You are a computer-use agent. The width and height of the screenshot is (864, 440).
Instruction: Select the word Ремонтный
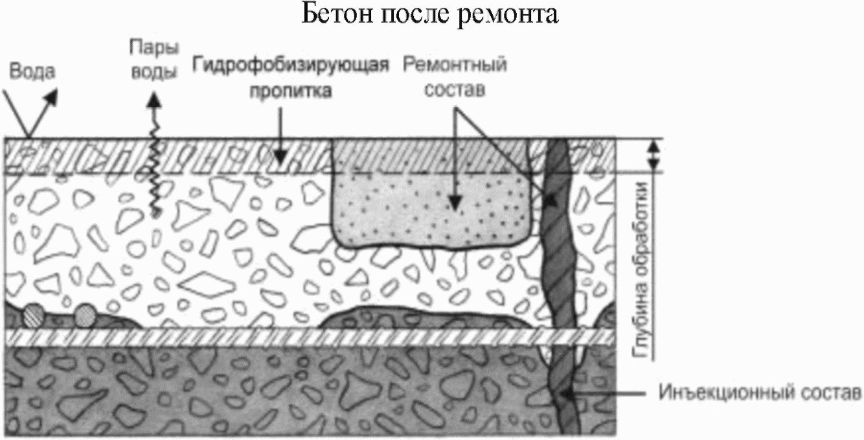point(455,65)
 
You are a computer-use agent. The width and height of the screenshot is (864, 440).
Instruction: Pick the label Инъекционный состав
point(760,393)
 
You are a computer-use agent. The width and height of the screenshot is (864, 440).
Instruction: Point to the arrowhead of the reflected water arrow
point(51,96)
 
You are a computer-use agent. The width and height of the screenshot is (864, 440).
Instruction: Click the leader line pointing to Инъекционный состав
point(609,393)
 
